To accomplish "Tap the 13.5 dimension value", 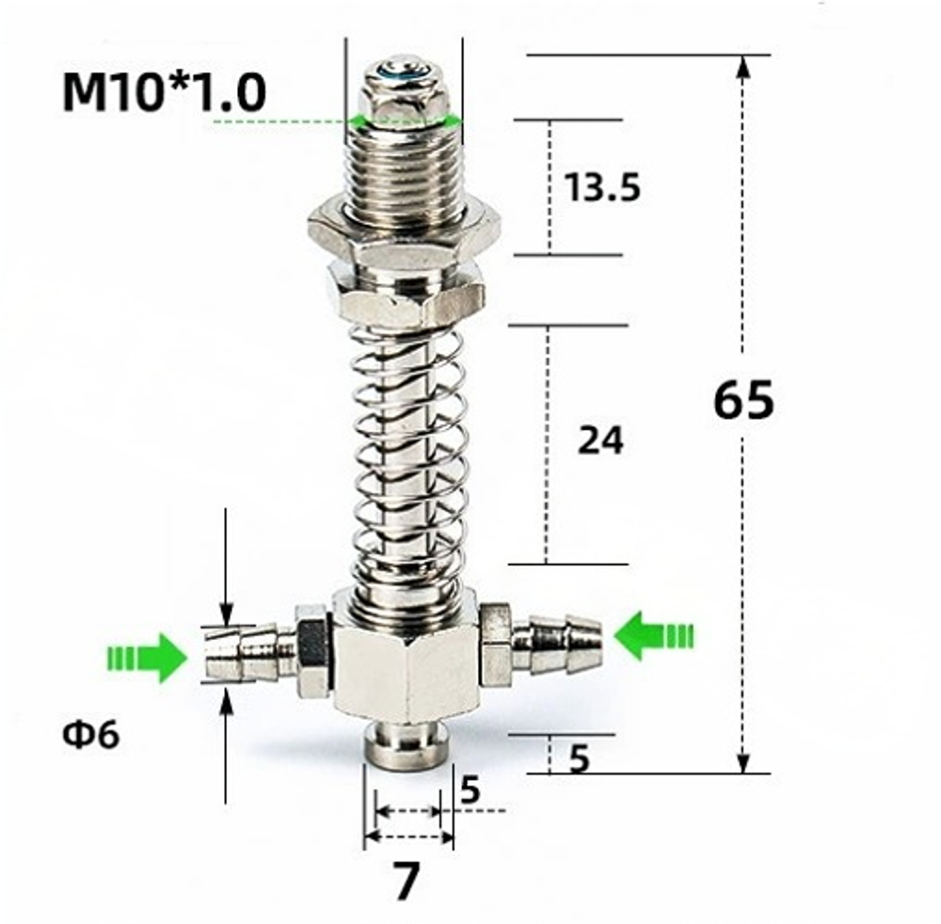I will click(602, 188).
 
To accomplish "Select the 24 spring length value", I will click(600, 440).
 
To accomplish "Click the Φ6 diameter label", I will click(91, 735).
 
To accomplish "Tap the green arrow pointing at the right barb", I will click(653, 635).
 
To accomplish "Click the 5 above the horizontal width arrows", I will click(470, 790).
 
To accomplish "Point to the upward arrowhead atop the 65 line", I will click(743, 66).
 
